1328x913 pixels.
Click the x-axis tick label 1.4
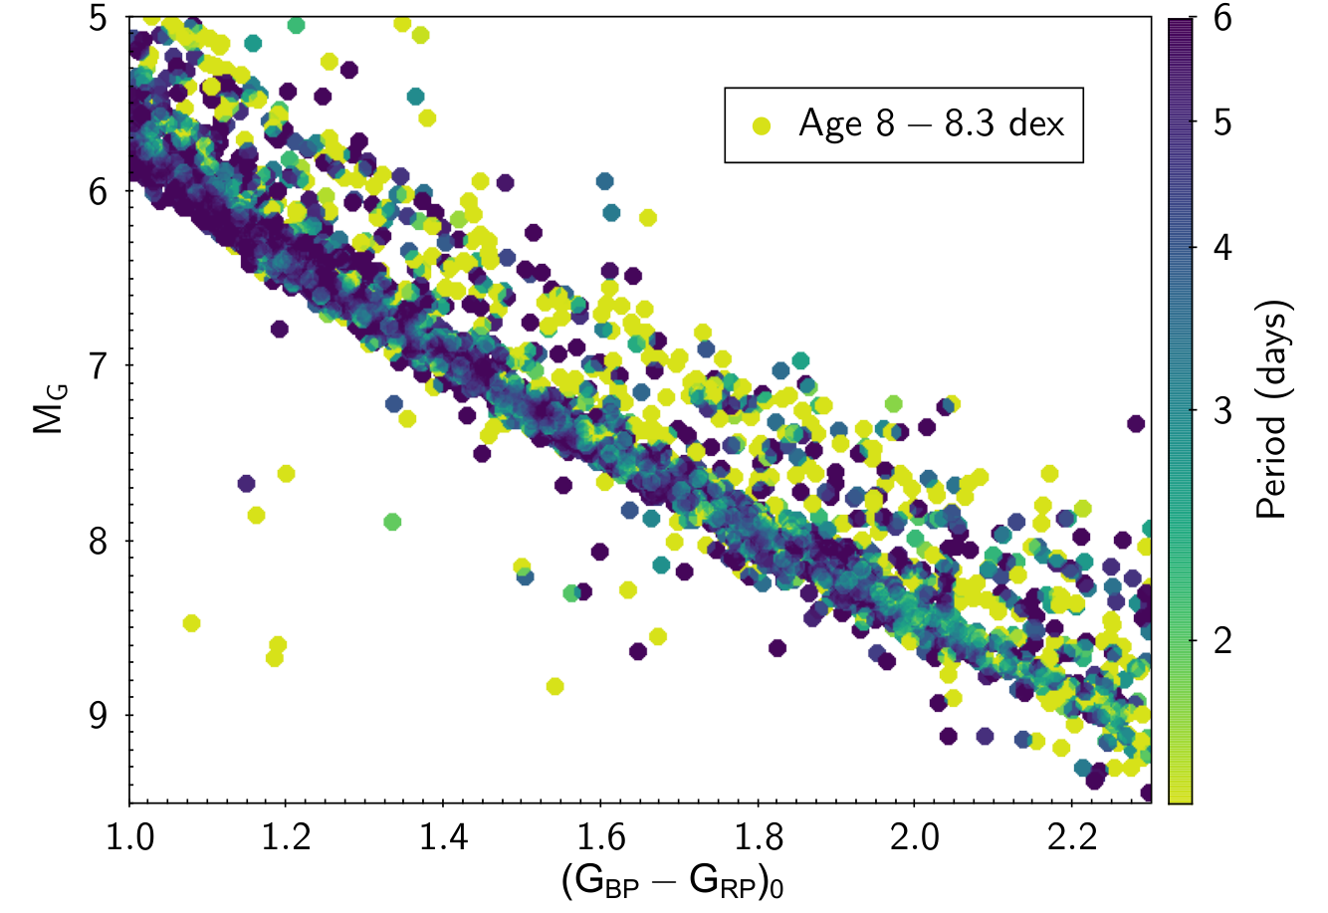443,837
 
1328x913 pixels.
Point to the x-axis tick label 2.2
1072,837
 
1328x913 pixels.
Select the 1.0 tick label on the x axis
129,837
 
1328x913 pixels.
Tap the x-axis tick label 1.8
758,837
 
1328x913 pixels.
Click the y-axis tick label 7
99,365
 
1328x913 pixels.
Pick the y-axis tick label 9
99,715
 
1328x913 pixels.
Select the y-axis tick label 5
99,18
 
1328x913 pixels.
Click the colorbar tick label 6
1222,18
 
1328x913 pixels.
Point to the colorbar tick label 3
1222,410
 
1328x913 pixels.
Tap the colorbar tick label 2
1222,641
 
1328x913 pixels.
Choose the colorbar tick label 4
1222,247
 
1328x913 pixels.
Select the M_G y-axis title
49,409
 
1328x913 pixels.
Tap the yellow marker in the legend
762,125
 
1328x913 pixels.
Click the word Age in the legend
830,124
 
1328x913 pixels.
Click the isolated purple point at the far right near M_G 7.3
1136,424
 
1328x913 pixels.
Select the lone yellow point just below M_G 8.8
554,687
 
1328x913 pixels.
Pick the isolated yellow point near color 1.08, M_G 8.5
191,623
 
